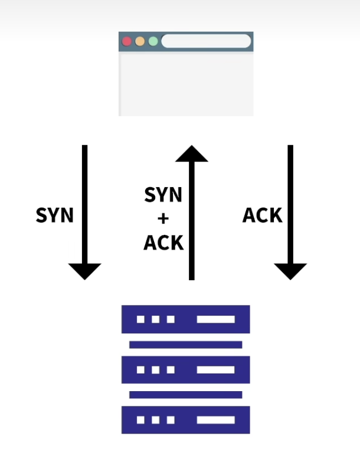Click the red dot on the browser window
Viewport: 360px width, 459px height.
click(x=127, y=41)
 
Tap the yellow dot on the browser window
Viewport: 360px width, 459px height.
click(x=140, y=41)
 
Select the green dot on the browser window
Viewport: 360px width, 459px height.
click(x=153, y=41)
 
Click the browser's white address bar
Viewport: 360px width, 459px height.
click(x=206, y=41)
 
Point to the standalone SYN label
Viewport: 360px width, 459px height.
click(x=55, y=215)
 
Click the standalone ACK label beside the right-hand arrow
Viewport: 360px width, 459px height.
click(x=263, y=215)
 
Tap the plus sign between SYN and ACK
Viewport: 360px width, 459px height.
click(x=163, y=218)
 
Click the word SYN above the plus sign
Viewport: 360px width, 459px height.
click(x=163, y=195)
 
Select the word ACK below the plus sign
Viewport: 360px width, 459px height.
click(x=163, y=242)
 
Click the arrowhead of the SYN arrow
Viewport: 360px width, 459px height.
click(x=85, y=271)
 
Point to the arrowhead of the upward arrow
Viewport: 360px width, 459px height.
click(x=192, y=153)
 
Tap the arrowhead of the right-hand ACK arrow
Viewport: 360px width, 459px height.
click(x=290, y=271)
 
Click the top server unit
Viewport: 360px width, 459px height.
click(x=186, y=319)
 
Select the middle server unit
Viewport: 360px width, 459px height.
click(x=186, y=370)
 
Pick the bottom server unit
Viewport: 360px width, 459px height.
click(x=186, y=420)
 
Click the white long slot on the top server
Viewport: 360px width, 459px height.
click(x=215, y=319)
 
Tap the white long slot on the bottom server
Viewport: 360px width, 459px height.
click(x=215, y=420)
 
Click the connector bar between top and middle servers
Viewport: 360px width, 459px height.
click(x=186, y=345)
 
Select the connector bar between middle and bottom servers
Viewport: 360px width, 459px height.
click(x=186, y=395)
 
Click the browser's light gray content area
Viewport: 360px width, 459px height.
click(x=186, y=85)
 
